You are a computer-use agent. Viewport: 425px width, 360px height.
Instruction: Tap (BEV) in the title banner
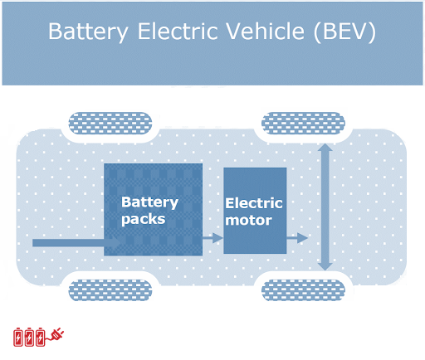tap(344, 32)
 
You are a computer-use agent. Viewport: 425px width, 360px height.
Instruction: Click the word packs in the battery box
tap(144, 220)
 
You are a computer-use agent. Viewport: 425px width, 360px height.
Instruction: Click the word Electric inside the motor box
tap(254, 203)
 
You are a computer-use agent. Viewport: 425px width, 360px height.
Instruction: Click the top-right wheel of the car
tap(303, 124)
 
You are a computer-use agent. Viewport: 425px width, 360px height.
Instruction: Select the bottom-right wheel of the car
tap(303, 289)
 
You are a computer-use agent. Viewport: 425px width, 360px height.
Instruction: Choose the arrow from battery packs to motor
tap(213, 238)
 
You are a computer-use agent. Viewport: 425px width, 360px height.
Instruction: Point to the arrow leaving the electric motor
tap(297, 238)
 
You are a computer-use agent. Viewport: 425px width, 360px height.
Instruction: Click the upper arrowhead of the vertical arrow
tap(325, 150)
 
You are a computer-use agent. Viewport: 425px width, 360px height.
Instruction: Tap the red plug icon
tap(56, 335)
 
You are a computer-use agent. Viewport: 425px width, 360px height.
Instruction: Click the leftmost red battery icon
tap(19, 336)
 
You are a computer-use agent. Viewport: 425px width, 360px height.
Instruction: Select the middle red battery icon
tap(30, 336)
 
